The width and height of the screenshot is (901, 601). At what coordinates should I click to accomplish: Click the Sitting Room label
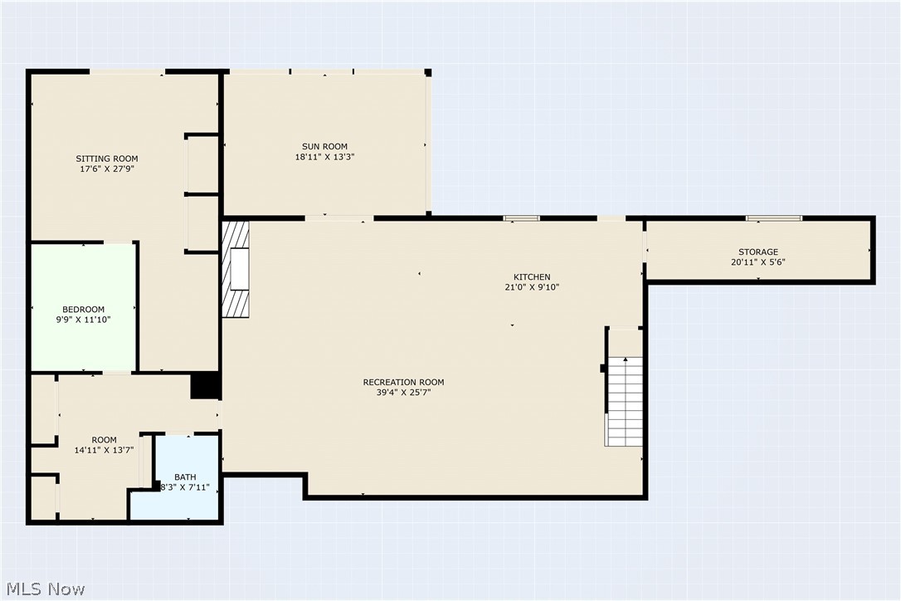107,159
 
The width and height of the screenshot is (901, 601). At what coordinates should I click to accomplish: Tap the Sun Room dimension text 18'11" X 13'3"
324,157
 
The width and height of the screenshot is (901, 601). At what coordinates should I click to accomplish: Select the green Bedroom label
83,310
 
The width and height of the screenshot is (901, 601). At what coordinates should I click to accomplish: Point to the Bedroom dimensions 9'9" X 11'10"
83,320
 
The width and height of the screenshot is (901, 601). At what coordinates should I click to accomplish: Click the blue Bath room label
185,477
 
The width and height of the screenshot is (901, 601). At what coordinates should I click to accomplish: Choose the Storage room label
758,252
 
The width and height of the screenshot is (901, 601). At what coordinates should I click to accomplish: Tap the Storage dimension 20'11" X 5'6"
758,262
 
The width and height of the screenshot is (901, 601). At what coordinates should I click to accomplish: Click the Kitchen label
532,277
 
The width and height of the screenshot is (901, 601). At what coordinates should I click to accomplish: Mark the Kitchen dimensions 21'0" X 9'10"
532,287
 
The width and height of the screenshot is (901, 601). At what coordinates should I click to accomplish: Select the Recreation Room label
403,383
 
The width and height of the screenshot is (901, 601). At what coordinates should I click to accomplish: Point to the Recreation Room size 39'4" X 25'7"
403,393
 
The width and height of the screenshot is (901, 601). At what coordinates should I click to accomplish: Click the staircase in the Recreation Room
626,401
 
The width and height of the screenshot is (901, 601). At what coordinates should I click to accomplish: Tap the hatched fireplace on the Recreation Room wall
236,269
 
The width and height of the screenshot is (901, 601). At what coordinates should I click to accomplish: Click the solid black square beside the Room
205,385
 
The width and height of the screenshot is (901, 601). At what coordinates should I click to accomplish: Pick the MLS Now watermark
46,589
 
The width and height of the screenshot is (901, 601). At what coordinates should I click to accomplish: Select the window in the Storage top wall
773,218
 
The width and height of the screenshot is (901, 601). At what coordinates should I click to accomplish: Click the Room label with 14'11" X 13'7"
104,440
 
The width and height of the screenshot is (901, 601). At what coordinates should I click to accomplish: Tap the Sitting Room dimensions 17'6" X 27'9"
107,169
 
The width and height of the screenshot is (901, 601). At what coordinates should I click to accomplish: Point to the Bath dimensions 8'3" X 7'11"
185,488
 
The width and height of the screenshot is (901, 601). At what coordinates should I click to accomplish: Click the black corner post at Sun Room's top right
428,72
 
